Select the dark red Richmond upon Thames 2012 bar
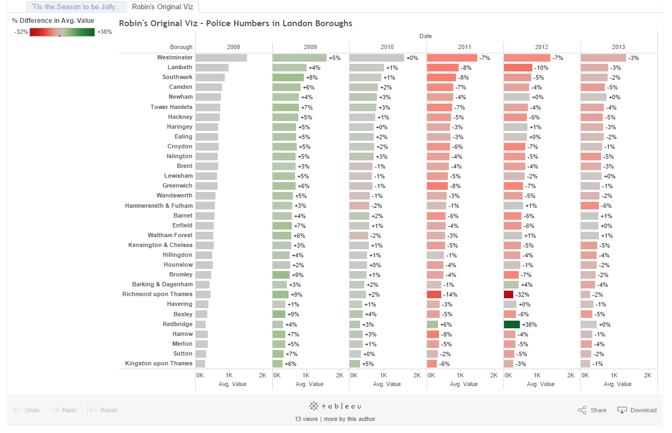508,294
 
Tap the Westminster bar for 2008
221,58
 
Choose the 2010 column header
387,47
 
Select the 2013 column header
619,47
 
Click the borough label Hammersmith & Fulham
159,206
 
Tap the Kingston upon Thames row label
159,363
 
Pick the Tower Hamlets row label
171,107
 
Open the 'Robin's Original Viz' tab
163,7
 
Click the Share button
592,410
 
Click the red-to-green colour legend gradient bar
62,32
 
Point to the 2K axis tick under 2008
262,376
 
